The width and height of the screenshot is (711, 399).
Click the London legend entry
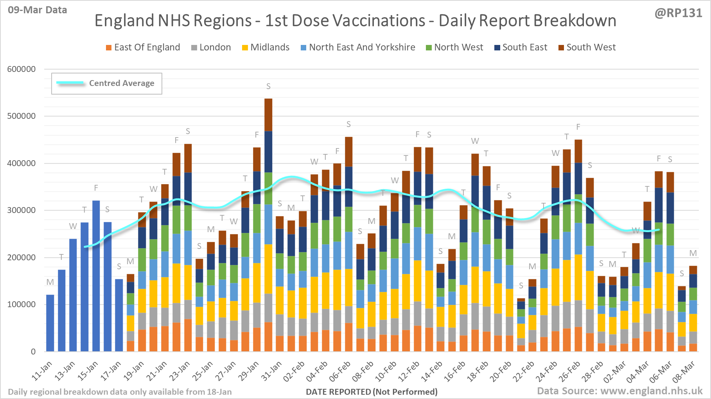pyautogui.click(x=211, y=47)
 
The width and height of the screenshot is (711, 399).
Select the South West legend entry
pyautogui.click(x=587, y=47)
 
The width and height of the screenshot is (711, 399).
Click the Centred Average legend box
pyautogui.click(x=107, y=83)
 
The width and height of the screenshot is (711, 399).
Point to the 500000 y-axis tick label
pyautogui.click(x=22, y=116)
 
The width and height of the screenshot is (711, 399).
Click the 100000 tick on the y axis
pyautogui.click(x=22, y=304)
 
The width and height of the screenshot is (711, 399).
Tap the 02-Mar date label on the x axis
pyautogui.click(x=614, y=372)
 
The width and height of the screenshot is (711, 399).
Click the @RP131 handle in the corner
pyautogui.click(x=678, y=13)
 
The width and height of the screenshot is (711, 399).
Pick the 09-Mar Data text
pyautogui.click(x=38, y=10)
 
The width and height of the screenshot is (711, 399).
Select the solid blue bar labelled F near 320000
pyautogui.click(x=96, y=276)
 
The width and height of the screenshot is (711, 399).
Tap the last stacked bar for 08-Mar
pyautogui.click(x=693, y=309)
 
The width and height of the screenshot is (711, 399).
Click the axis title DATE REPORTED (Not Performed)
pyautogui.click(x=372, y=392)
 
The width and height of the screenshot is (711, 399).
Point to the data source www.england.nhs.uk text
pyautogui.click(x=619, y=391)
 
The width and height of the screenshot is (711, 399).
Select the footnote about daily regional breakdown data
pyautogui.click(x=120, y=392)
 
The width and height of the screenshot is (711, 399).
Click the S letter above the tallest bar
pyautogui.click(x=268, y=86)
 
